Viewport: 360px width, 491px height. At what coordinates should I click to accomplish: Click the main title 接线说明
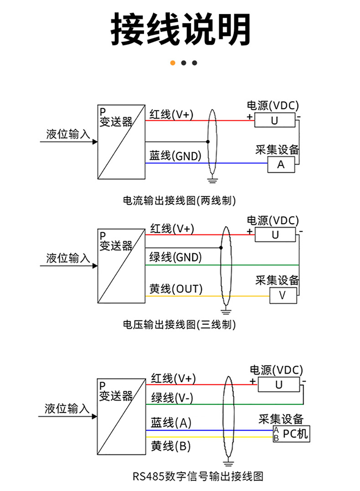(180, 30)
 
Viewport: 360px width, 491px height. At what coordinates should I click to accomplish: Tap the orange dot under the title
(173, 63)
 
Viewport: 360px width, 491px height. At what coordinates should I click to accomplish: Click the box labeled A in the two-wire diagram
(281, 165)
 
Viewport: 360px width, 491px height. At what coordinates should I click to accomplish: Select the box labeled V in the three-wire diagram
(283, 295)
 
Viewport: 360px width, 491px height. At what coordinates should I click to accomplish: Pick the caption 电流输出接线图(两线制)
(180, 200)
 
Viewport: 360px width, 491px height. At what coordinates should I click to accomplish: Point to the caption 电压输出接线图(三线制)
(180, 325)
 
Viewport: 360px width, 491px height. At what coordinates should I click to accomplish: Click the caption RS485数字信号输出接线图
(198, 477)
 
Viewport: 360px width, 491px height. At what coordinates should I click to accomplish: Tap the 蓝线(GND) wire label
(175, 156)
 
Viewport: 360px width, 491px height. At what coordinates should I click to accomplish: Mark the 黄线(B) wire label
(171, 446)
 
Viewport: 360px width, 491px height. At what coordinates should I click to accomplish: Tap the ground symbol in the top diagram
(212, 180)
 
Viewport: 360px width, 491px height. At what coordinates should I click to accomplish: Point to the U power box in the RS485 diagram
(279, 384)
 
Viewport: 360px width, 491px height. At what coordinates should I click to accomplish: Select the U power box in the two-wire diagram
(275, 120)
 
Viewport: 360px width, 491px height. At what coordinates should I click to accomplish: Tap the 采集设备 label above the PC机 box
(281, 419)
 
